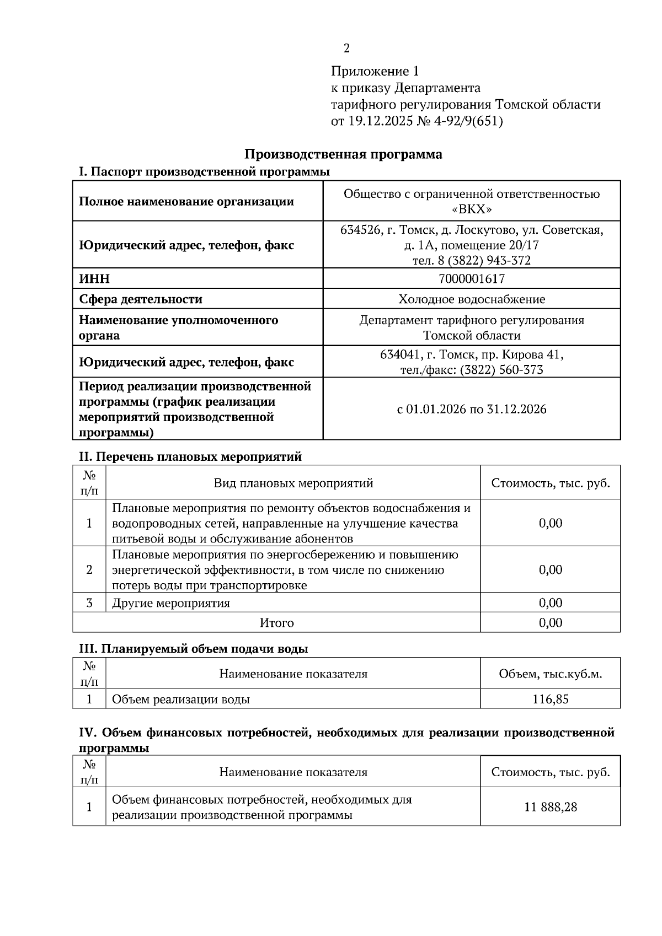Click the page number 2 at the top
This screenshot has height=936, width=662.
[x=346, y=49]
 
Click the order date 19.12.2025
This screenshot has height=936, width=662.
[x=380, y=121]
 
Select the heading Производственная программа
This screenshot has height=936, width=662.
[x=343, y=154]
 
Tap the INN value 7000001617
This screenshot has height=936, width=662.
[x=472, y=279]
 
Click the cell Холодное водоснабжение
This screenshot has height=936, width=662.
[x=472, y=299]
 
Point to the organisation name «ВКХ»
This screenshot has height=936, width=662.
[x=472, y=209]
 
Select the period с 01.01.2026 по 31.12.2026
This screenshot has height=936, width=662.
[x=472, y=409]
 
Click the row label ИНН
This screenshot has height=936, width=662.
[x=94, y=279]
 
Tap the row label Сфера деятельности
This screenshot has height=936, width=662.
[x=141, y=299]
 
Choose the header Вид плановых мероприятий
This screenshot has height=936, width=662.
[x=293, y=483]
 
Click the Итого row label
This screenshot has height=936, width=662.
[x=277, y=623]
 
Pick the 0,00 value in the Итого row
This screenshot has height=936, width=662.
[x=551, y=623]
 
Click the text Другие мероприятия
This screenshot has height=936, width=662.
[x=171, y=603]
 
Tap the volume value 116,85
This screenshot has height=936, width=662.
[x=551, y=700]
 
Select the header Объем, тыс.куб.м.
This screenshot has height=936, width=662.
[x=551, y=674]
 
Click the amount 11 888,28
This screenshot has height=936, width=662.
[x=551, y=807]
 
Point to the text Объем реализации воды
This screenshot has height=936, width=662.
[x=181, y=700]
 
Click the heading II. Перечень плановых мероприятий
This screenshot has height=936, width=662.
[x=191, y=457]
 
